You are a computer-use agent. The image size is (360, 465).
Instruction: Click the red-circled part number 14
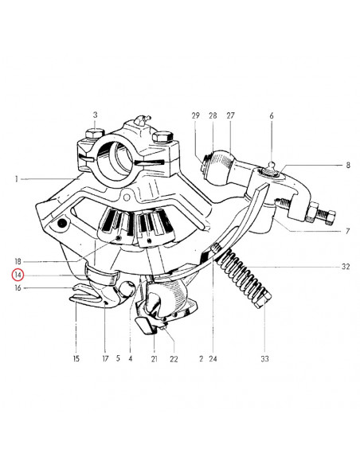click(x=18, y=275)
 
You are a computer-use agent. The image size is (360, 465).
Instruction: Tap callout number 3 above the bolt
click(x=95, y=115)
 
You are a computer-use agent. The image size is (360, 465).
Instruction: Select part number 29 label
click(x=196, y=115)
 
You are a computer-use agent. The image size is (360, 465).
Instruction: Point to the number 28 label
click(x=213, y=115)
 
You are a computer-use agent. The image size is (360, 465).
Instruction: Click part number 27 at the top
click(x=230, y=115)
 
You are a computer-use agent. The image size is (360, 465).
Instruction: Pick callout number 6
click(x=272, y=116)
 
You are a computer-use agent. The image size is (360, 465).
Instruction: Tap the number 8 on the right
click(x=348, y=165)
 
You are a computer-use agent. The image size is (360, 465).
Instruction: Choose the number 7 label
click(x=348, y=231)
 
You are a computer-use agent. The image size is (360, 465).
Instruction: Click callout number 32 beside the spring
click(x=346, y=266)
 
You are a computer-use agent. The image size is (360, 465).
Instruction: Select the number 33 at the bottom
click(x=264, y=358)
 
